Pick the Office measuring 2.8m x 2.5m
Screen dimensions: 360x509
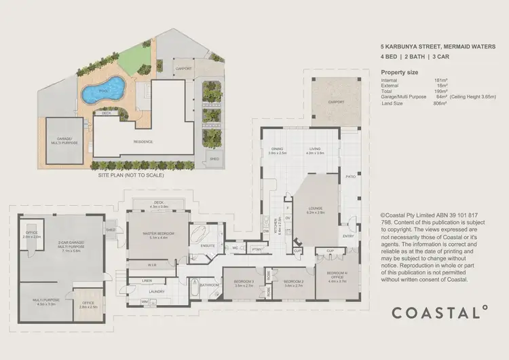tap(88, 304)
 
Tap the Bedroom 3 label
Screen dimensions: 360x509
tap(244, 283)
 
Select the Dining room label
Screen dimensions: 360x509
tap(276, 151)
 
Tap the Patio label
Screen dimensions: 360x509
tap(350, 175)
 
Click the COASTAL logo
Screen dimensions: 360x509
tap(439, 312)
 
